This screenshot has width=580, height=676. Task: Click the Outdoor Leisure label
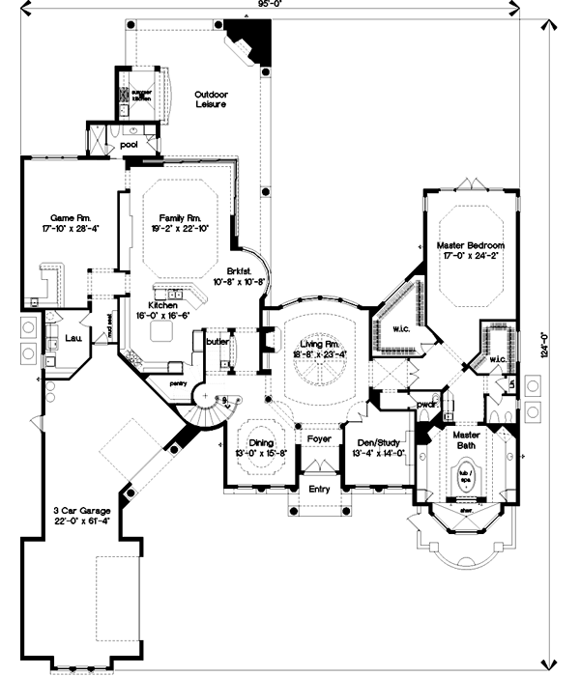[x=210, y=99]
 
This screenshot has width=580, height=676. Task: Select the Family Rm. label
[x=181, y=217]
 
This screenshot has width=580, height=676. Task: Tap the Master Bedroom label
[x=470, y=246]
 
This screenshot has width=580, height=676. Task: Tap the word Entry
[x=319, y=489]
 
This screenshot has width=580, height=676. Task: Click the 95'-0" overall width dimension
[x=290, y=5]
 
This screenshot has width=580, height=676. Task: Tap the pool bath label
[x=129, y=145]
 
